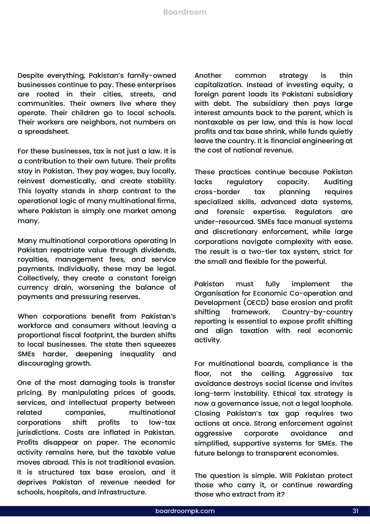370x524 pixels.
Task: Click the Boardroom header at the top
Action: click(x=185, y=12)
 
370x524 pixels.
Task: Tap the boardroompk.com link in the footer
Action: click(x=185, y=511)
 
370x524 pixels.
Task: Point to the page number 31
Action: click(x=355, y=511)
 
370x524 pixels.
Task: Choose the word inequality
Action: click(x=137, y=354)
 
